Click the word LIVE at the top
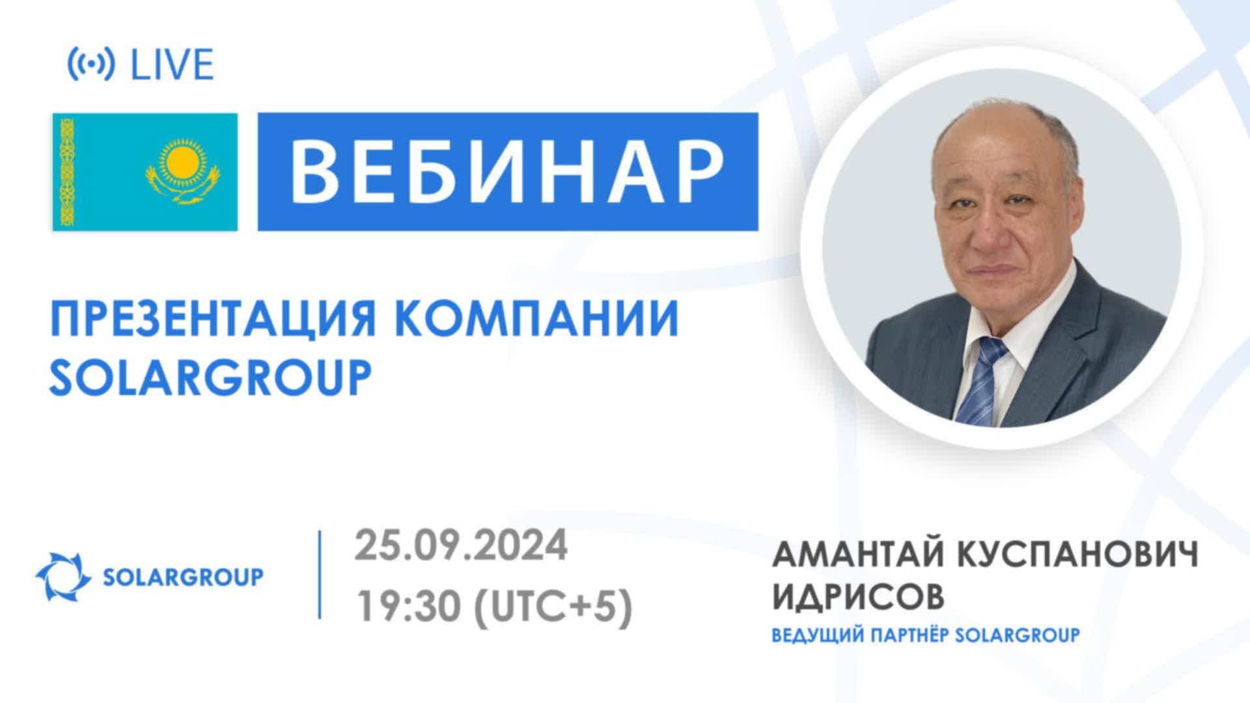pyautogui.click(x=173, y=65)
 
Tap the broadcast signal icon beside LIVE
pyautogui.click(x=91, y=65)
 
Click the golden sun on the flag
pyautogui.click(x=182, y=162)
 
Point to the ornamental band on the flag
pyautogui.click(x=67, y=172)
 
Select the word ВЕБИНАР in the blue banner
pyautogui.click(x=507, y=171)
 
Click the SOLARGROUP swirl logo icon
pyautogui.click(x=63, y=577)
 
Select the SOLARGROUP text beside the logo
pyautogui.click(x=184, y=577)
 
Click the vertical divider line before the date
pyautogui.click(x=320, y=574)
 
